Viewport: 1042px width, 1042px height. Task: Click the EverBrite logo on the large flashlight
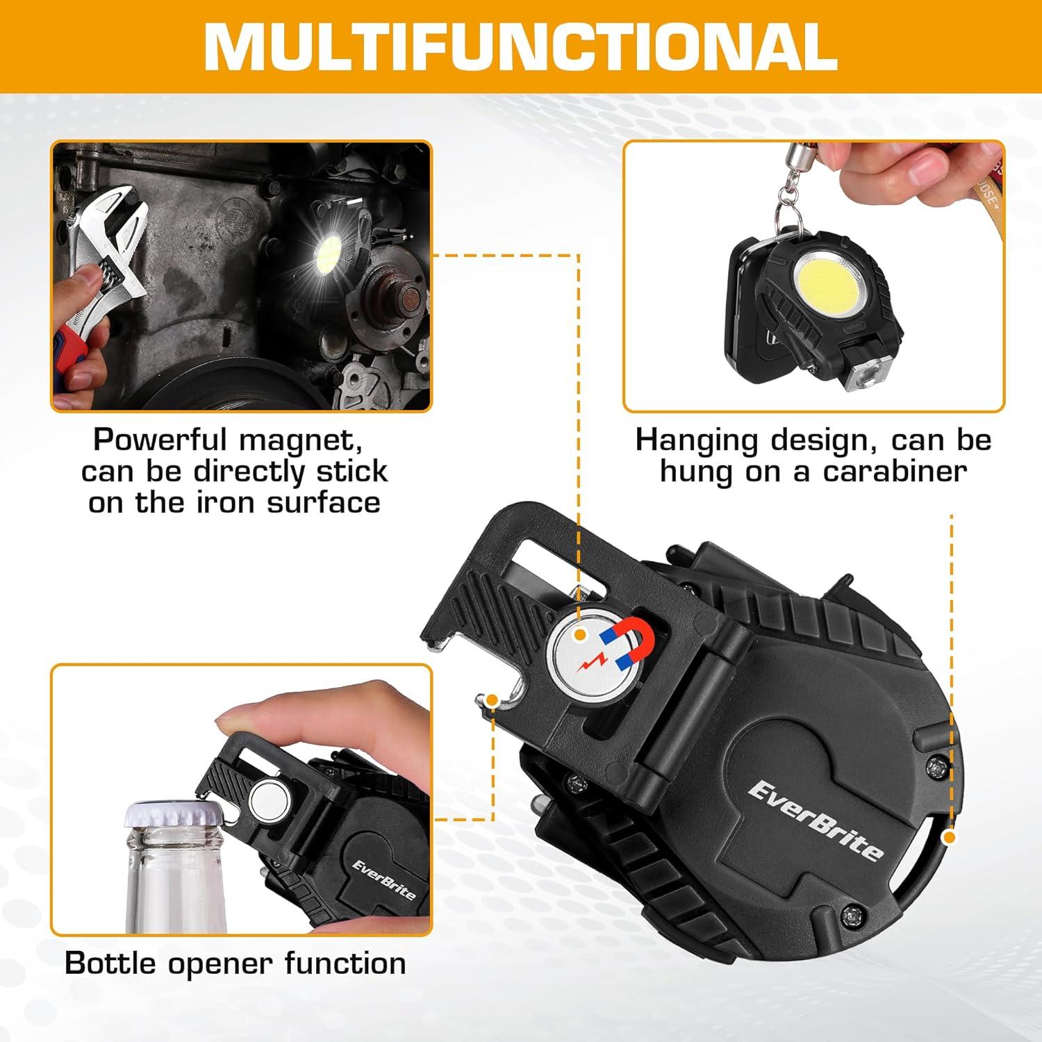click(816, 820)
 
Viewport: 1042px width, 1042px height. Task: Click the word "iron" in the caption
click(226, 502)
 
